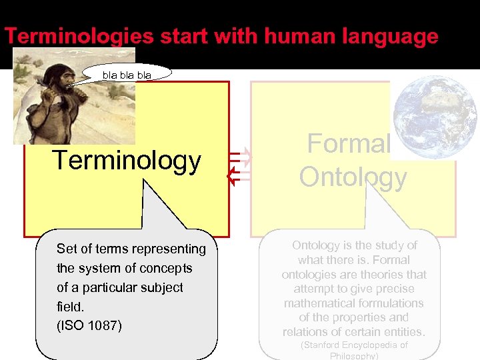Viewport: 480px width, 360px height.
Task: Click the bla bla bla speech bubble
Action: (x=127, y=75)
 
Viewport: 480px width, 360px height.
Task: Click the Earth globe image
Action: (x=435, y=115)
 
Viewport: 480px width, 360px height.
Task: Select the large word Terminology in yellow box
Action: (x=127, y=161)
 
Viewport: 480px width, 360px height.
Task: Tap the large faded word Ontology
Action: (x=353, y=177)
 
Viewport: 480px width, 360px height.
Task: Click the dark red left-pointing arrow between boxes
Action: (x=234, y=175)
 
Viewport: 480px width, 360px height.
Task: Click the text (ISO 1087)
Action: (x=89, y=326)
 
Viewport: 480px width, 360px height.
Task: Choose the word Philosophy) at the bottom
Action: (x=354, y=356)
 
